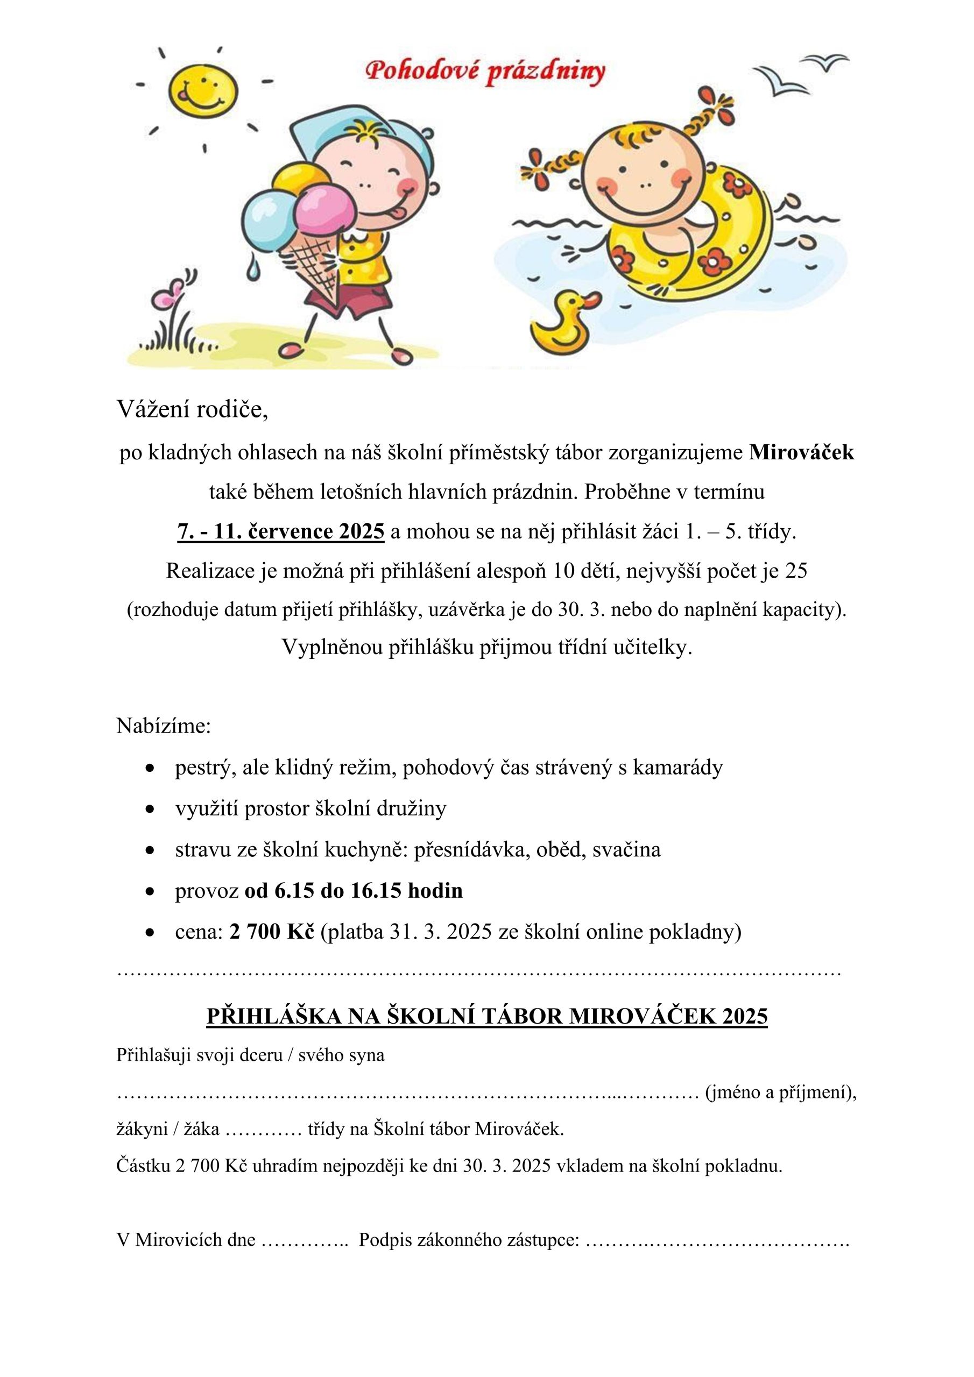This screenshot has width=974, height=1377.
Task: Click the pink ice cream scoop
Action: [321, 209]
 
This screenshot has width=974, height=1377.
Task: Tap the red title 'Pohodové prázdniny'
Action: [485, 73]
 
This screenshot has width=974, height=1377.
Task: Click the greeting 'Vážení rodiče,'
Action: [192, 410]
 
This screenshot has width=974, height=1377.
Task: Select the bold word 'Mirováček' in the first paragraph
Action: [801, 452]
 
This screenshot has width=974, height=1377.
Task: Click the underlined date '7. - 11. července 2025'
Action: [281, 531]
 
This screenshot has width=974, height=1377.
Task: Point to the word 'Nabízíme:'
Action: [164, 726]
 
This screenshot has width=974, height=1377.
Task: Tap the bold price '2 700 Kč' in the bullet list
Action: [272, 932]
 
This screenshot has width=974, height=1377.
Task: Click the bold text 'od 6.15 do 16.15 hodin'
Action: [354, 891]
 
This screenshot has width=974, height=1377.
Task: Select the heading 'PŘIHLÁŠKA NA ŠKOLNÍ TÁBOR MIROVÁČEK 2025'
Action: [486, 1016]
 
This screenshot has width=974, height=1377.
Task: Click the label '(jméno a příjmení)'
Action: [780, 1092]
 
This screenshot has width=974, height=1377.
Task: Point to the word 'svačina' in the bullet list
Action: [626, 850]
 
